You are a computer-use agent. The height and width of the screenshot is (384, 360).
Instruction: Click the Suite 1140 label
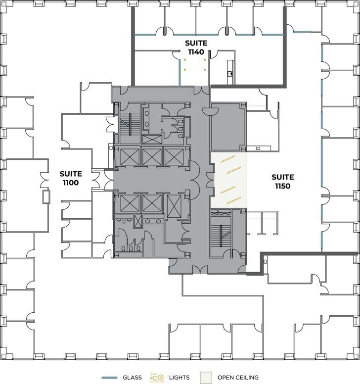pos(196,47)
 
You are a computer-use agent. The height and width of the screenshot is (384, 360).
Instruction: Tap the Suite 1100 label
pos(71,178)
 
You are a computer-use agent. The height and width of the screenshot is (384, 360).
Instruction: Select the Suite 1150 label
pos(283,182)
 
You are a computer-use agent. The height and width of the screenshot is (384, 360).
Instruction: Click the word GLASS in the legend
pos(132,378)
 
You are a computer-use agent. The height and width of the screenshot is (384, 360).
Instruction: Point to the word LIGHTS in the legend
pos(179,378)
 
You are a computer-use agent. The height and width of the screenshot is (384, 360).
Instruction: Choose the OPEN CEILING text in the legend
pos(238,378)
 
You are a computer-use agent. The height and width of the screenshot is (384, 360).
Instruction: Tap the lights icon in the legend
pos(157,377)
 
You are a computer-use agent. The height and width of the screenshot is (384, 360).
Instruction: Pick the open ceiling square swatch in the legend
pos(207,378)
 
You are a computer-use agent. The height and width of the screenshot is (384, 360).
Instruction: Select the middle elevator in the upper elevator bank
pos(151,156)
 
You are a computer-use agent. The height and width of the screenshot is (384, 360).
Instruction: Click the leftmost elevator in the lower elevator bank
pos(129,204)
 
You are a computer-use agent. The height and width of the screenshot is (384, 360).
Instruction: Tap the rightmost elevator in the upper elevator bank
pos(174,156)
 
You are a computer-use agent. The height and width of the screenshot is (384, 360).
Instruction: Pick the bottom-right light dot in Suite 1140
pos(204,69)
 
